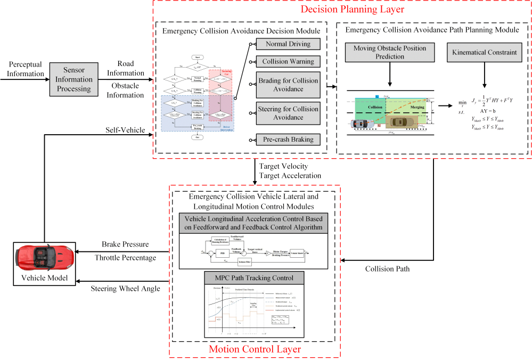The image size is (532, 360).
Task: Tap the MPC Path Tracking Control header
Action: point(253,277)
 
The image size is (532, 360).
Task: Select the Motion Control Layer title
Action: point(253,349)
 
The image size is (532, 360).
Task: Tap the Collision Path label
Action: point(387,268)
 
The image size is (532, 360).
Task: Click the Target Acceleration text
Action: point(291,175)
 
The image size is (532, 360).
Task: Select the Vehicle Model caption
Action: point(45,280)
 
